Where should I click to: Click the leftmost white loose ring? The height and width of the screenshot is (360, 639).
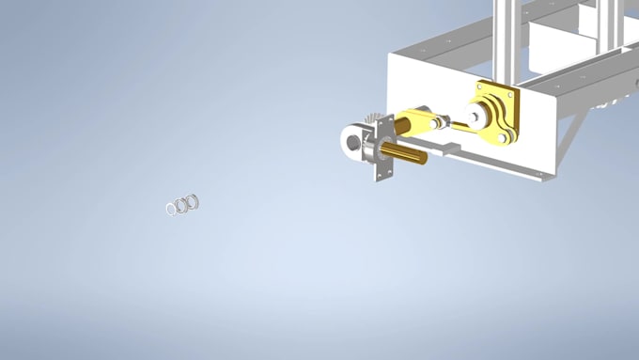pyautogui.click(x=172, y=208)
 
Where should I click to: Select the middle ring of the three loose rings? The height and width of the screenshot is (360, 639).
pyautogui.click(x=181, y=204)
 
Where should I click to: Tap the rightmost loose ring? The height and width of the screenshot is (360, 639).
pyautogui.click(x=192, y=201)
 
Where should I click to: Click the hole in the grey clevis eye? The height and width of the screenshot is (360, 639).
pyautogui.click(x=351, y=141)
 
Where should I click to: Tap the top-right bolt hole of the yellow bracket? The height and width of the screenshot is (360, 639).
pyautogui.click(x=510, y=94)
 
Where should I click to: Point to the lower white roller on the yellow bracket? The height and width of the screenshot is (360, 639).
pyautogui.click(x=504, y=138)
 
